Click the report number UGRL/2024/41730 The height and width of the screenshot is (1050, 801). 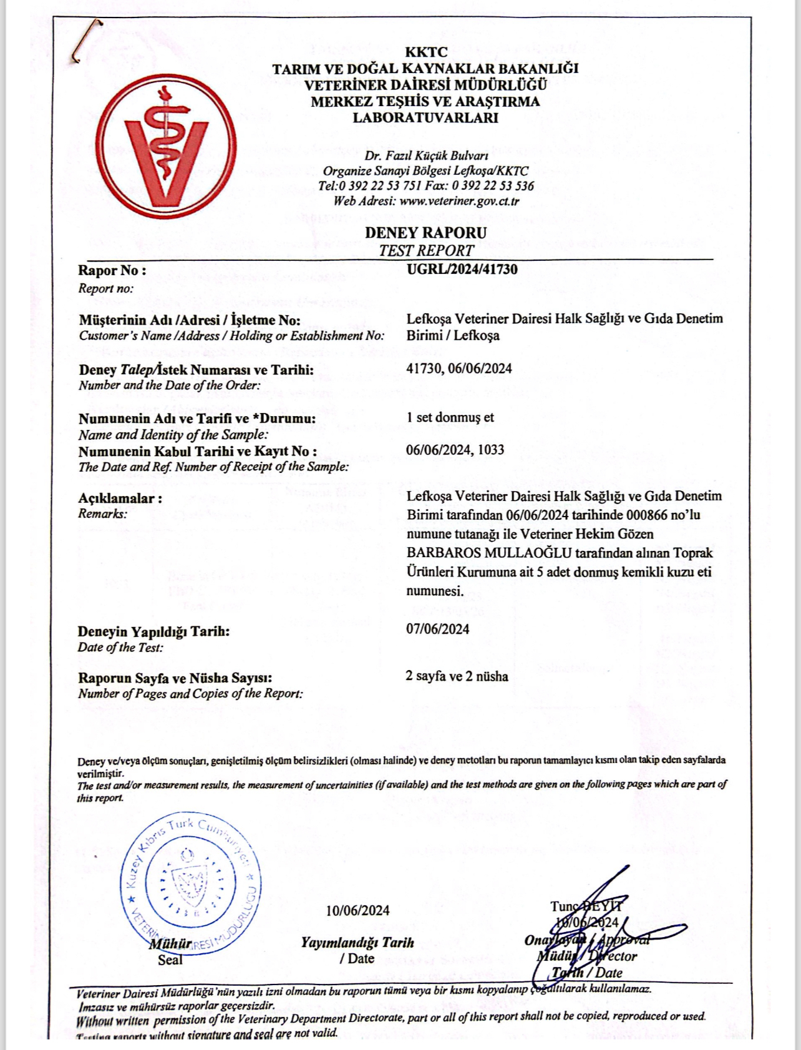pos(462,270)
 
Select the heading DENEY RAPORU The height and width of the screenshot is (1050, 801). pos(425,233)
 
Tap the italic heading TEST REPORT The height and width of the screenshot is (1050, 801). pos(427,251)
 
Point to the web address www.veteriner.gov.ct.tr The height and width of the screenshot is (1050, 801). pos(459,201)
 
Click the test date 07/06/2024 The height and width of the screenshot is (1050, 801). pos(437,629)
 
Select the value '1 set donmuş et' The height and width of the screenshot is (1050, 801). pos(450,417)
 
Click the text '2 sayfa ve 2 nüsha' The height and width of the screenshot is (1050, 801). pos(457,676)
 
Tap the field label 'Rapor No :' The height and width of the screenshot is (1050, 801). pos(112,270)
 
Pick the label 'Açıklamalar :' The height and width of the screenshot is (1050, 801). pos(120,498)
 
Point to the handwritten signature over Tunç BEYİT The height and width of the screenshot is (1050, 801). pos(599,930)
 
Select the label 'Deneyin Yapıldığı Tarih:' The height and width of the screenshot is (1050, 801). pos(153,631)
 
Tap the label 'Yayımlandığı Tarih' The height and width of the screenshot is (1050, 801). pos(357,942)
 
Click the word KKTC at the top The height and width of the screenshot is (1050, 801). pos(426,52)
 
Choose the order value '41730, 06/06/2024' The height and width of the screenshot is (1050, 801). pos(459,368)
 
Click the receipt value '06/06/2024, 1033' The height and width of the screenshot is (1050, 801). pos(455,450)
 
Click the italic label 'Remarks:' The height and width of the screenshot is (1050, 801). pos(102,513)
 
